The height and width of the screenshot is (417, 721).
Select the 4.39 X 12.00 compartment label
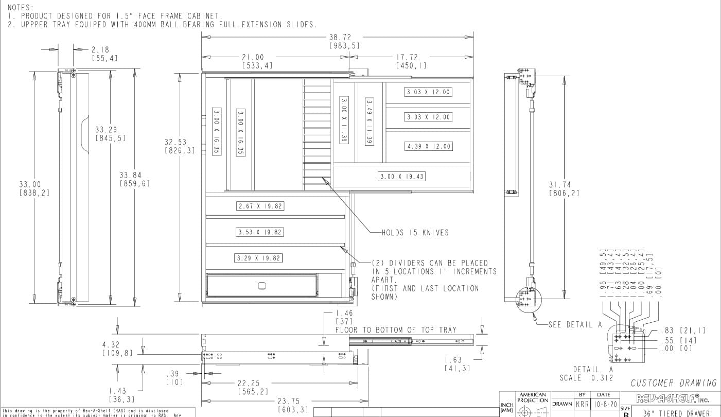pyautogui.click(x=428, y=146)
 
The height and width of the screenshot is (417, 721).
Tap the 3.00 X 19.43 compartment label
pyautogui.click(x=402, y=177)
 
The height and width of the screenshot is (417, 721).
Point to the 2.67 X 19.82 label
pyautogui.click(x=260, y=206)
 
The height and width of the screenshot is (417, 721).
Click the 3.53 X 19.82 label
pyautogui.click(x=260, y=232)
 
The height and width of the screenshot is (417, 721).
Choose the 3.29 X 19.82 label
pyautogui.click(x=258, y=258)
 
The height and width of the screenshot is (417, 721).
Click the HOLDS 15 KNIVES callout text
pyautogui.click(x=415, y=233)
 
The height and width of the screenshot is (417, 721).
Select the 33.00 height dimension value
pyautogui.click(x=30, y=184)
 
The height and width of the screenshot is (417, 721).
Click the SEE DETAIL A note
pyautogui.click(x=575, y=324)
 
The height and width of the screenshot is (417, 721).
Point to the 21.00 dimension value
pyautogui.click(x=253, y=57)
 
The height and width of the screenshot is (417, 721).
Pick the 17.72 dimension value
pyautogui.click(x=407, y=57)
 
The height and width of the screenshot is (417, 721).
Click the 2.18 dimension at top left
pyautogui.click(x=100, y=50)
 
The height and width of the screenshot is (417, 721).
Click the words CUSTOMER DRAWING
pyautogui.click(x=674, y=383)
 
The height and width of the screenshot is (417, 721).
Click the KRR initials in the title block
pyautogui.click(x=583, y=404)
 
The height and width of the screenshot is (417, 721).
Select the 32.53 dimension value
pyautogui.click(x=175, y=142)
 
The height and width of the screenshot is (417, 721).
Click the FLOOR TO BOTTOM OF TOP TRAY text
pyautogui.click(x=396, y=329)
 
